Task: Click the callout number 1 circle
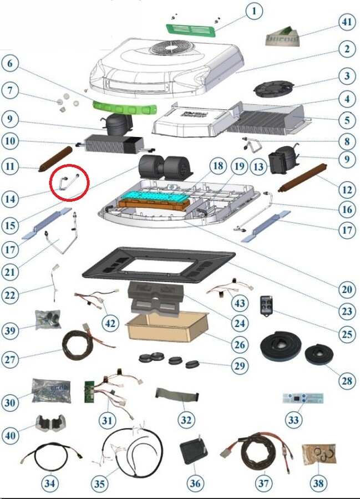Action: [254, 11]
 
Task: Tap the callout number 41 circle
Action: [346, 22]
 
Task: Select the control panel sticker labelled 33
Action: [302, 399]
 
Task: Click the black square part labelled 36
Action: [194, 453]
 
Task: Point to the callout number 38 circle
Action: [318, 483]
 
